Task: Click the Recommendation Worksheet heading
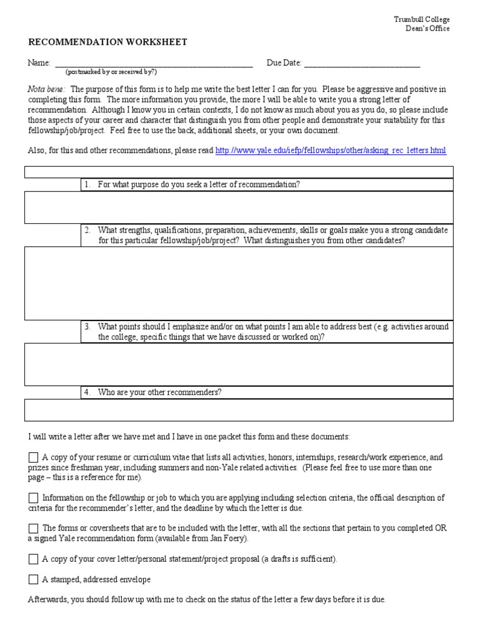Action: (x=108, y=42)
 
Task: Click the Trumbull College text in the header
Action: (x=421, y=19)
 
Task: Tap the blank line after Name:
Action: (x=154, y=63)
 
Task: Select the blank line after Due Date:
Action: (x=362, y=63)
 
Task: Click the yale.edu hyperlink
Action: (x=330, y=151)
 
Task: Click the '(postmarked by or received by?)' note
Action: (x=111, y=72)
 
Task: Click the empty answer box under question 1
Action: (x=239, y=207)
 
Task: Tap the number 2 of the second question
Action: (x=88, y=230)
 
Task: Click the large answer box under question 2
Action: (x=239, y=283)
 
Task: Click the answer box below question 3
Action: (x=239, y=365)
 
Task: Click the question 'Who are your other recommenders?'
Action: (x=160, y=393)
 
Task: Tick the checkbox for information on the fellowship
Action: (x=34, y=498)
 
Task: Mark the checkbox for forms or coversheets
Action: (x=34, y=528)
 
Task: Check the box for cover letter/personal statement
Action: (x=34, y=559)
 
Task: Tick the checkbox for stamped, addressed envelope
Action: (x=34, y=580)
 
